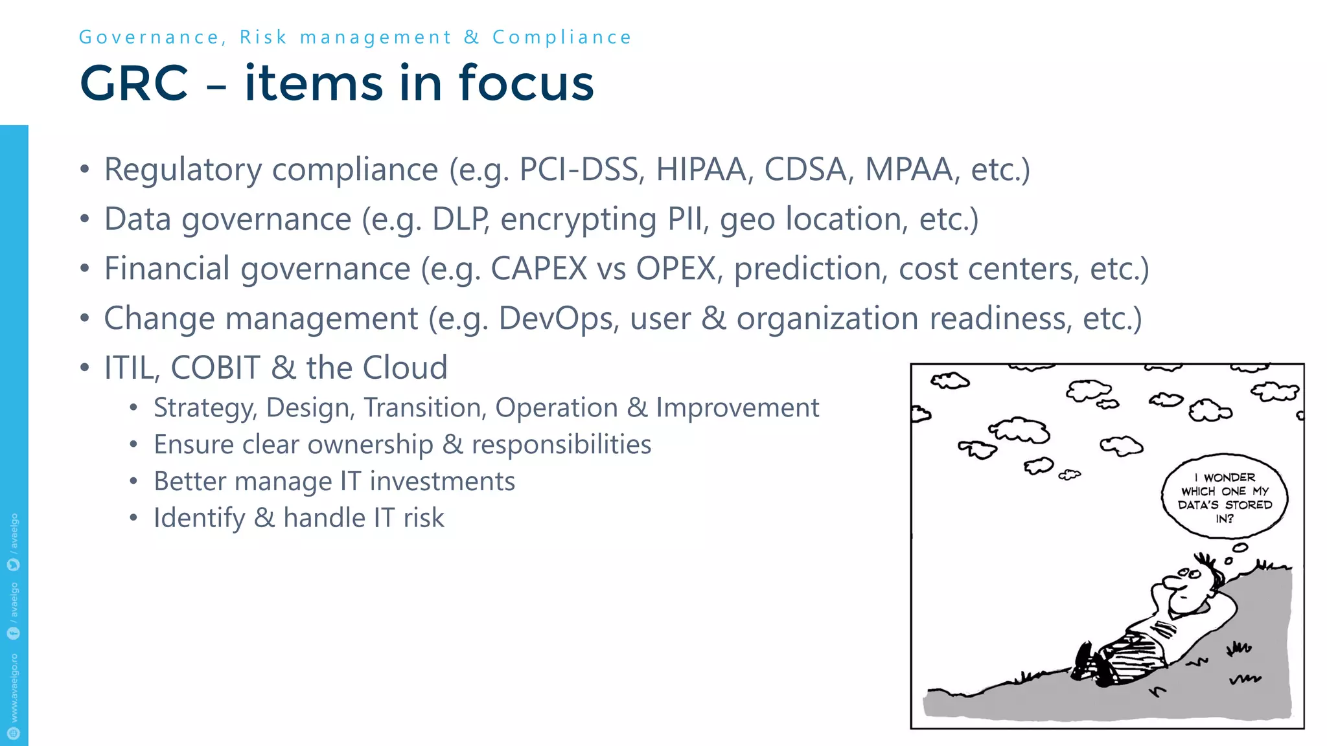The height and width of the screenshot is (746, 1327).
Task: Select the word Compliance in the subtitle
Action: (x=562, y=38)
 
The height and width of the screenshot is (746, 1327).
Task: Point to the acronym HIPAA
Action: (x=704, y=170)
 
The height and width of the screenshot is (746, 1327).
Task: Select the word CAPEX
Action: (x=538, y=269)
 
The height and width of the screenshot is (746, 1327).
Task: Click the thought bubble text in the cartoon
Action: (x=1225, y=497)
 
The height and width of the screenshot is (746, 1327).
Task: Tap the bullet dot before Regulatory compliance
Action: (x=84, y=170)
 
